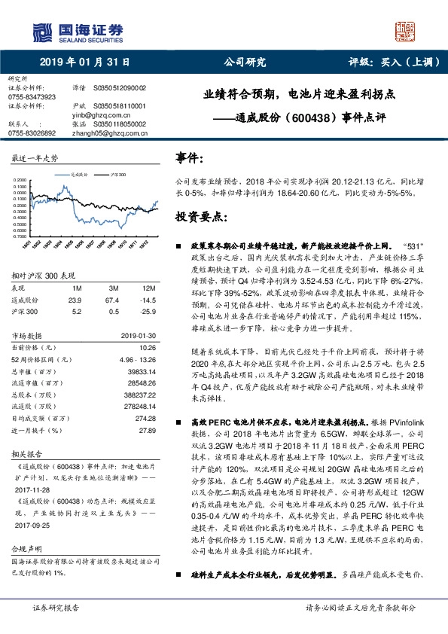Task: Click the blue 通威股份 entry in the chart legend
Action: (81, 173)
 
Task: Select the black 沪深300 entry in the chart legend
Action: (115, 173)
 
